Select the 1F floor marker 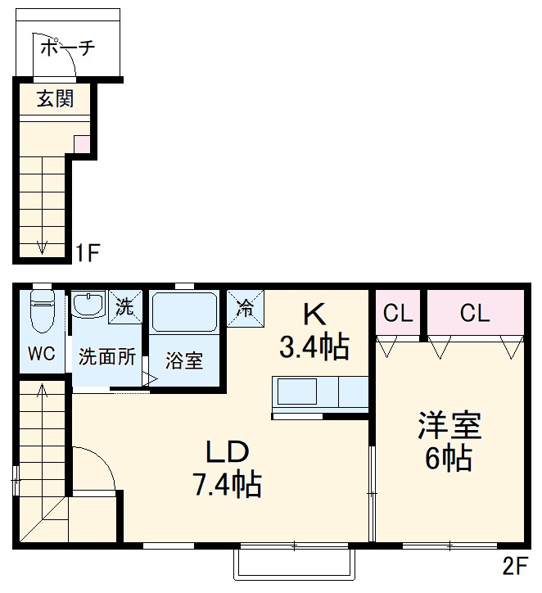[88, 251]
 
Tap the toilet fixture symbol [41, 312]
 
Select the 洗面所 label [107, 357]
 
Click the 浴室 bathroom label [184, 360]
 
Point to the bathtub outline [185, 312]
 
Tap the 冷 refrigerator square [244, 308]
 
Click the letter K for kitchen [314, 314]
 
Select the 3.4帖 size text [314, 347]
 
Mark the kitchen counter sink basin [296, 393]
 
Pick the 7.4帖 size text [226, 486]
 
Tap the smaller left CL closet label [397, 313]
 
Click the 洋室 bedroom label [449, 426]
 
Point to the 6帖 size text [448, 459]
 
